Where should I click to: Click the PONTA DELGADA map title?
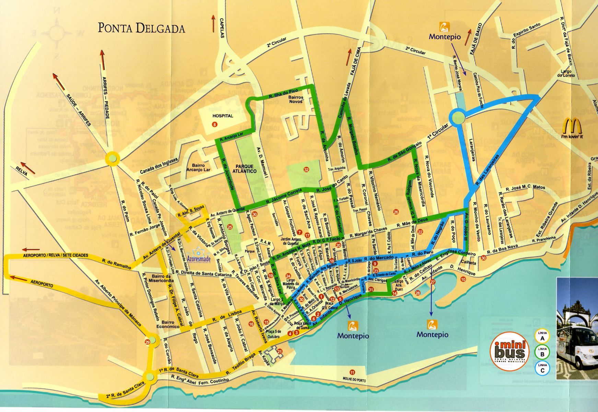pos(141,28)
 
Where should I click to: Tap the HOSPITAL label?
pos(222,116)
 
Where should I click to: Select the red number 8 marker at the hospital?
pos(215,124)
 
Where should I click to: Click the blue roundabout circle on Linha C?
pos(458,118)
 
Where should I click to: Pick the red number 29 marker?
pos(148,342)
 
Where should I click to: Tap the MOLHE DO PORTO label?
pos(352,379)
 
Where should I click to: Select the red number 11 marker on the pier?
pos(352,372)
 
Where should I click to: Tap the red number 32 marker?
pos(306,169)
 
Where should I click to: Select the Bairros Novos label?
pos(295,100)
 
